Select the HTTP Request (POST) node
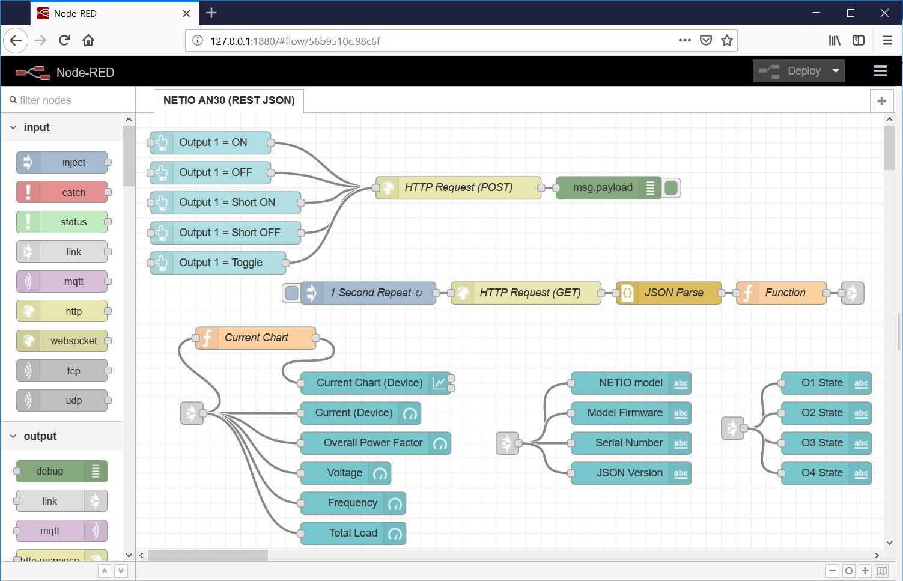[458, 187]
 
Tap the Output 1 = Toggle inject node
[220, 263]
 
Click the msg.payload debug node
[603, 187]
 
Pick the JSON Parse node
[673, 293]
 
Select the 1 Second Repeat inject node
[374, 293]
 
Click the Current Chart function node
[256, 338]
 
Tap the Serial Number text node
[628, 443]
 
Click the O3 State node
[821, 443]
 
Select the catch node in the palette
[73, 192]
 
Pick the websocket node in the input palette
[73, 341]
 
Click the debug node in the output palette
[50, 471]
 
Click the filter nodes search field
[66, 100]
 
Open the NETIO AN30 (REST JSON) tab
[228, 100]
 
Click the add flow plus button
[881, 101]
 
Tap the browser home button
[88, 41]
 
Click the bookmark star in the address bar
[727, 41]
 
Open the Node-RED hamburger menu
[880, 71]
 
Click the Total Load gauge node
[353, 533]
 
